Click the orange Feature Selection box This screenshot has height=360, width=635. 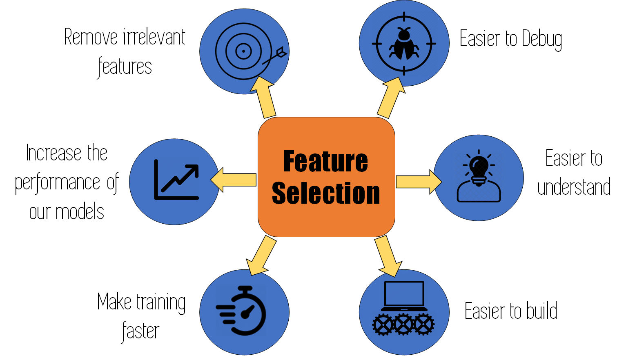click(x=326, y=177)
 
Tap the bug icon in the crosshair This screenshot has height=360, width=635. click(x=404, y=44)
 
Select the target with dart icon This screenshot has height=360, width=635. click(x=244, y=51)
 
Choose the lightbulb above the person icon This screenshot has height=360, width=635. click(x=479, y=167)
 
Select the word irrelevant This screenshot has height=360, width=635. click(x=154, y=38)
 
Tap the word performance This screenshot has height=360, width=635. click(x=58, y=183)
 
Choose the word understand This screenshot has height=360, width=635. click(x=574, y=187)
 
